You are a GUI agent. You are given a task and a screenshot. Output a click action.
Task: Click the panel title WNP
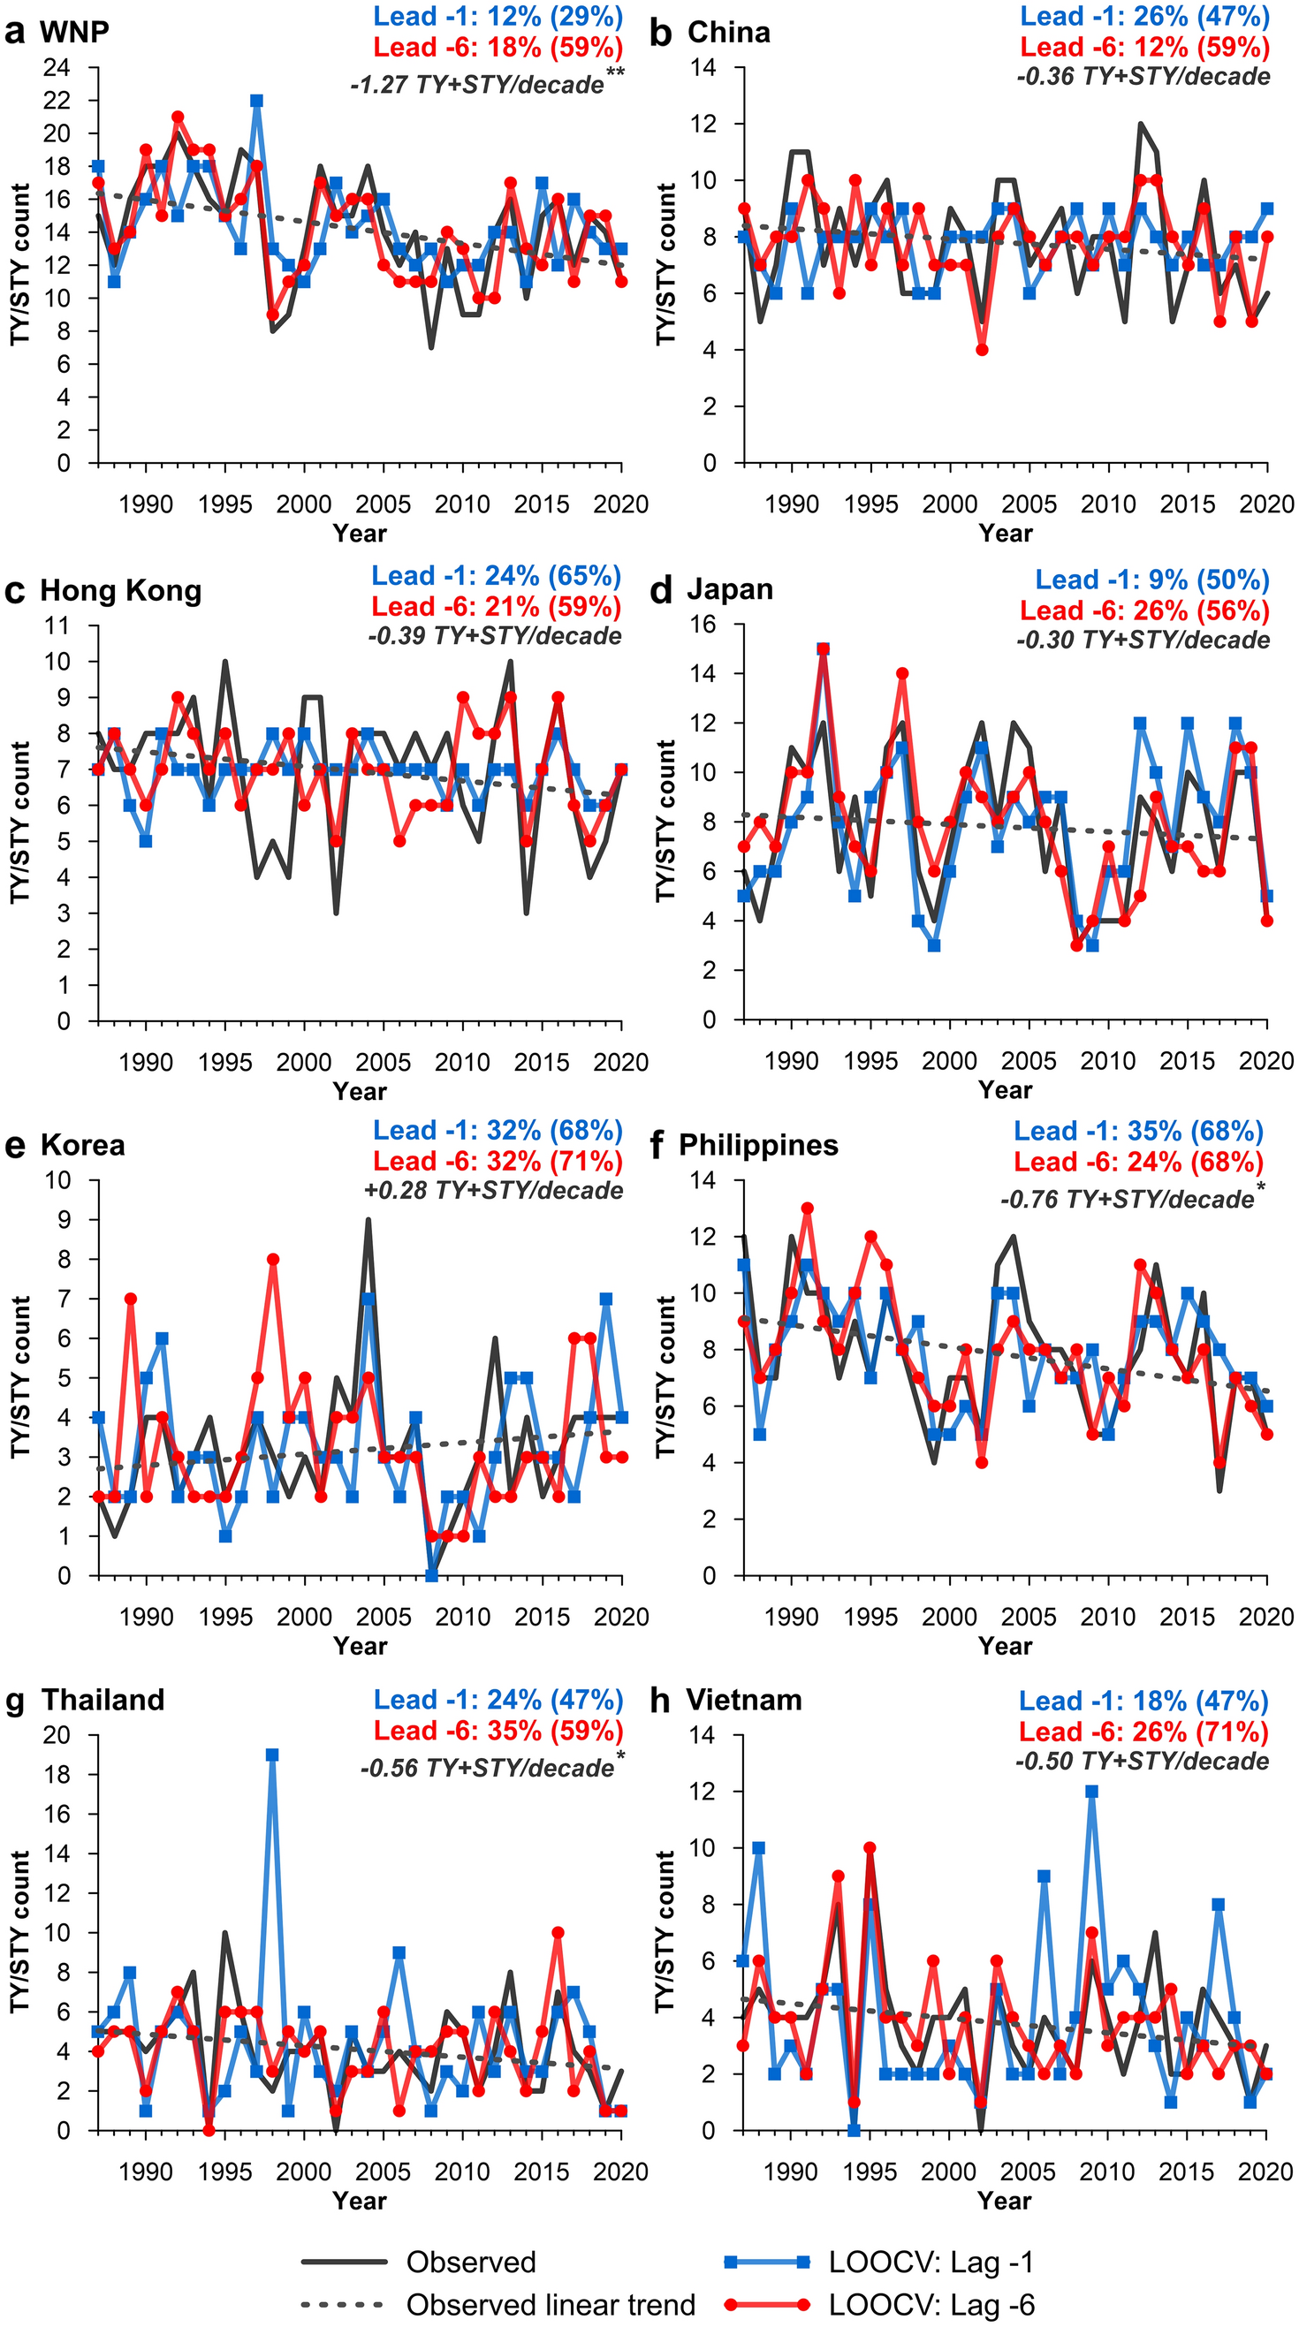tap(74, 32)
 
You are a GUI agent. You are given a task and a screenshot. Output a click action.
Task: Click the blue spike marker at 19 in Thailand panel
tap(272, 1755)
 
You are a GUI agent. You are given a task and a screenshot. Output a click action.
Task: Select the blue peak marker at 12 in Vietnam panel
tap(1092, 1792)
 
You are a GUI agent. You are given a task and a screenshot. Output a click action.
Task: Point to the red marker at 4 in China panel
tap(982, 350)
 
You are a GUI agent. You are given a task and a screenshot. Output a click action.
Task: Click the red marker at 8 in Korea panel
tap(273, 1259)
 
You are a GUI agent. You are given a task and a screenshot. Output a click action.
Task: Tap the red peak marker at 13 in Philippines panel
tap(808, 1209)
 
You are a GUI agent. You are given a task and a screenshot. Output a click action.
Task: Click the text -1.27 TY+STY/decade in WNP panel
tap(477, 85)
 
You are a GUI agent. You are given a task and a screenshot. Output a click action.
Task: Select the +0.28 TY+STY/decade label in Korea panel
tap(493, 1191)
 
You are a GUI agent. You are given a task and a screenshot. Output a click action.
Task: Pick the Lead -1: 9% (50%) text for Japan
tap(1151, 580)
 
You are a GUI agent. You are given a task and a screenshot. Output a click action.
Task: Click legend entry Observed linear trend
tap(551, 2304)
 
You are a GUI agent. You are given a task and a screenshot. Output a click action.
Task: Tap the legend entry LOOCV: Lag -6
tap(931, 2304)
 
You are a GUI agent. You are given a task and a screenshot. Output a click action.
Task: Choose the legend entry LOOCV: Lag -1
tap(931, 2262)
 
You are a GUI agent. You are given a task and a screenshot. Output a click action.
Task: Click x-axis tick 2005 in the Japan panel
tap(1029, 1061)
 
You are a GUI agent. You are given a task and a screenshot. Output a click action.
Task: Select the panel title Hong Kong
tap(120, 591)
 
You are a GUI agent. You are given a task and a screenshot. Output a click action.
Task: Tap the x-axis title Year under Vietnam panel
tap(1005, 2201)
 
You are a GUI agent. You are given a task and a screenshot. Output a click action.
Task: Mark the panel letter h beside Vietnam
tap(660, 1700)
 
